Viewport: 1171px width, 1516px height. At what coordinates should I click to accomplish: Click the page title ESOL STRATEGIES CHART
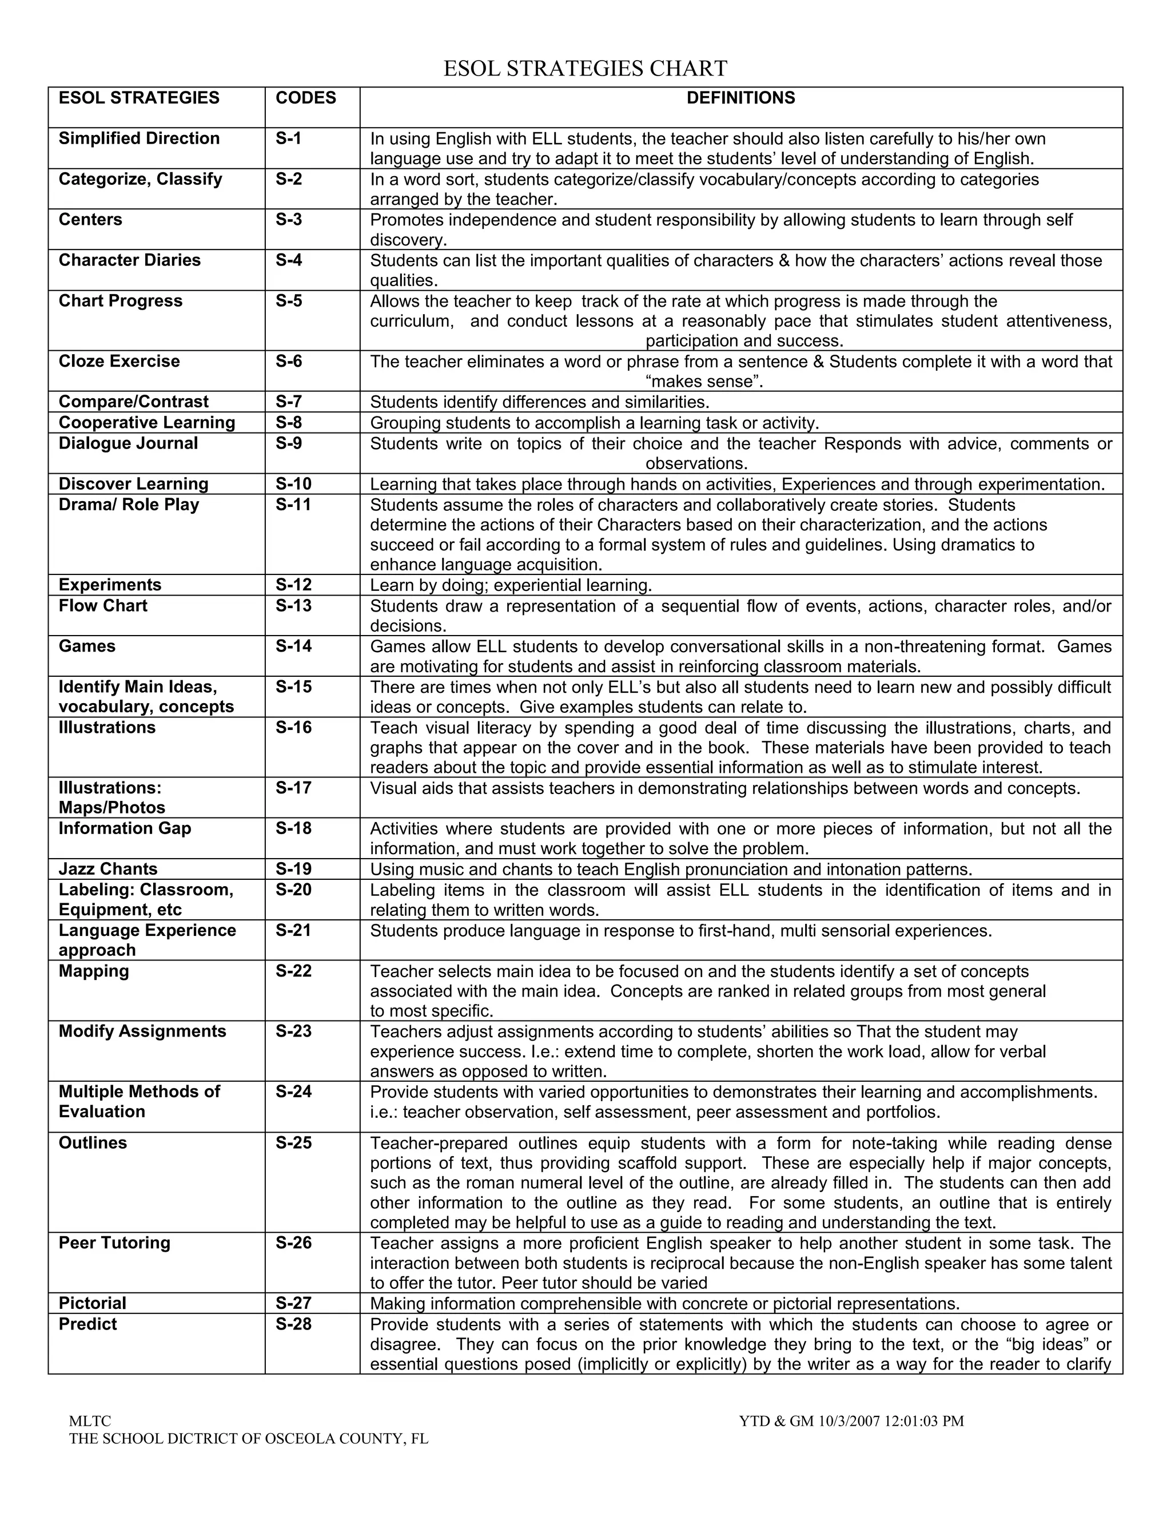point(585,68)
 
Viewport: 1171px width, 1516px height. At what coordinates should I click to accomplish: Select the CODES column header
point(305,98)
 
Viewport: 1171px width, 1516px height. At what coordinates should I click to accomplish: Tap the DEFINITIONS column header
point(740,98)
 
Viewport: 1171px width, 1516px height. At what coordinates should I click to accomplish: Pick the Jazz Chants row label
point(107,868)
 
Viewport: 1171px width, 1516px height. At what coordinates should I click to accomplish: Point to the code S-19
point(293,868)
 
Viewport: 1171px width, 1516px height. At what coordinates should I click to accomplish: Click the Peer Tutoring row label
point(114,1242)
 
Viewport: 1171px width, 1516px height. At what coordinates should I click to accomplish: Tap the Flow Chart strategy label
point(103,605)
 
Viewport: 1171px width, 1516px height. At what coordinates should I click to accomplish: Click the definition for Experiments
point(511,585)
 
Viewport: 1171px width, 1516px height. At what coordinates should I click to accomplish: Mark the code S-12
point(293,585)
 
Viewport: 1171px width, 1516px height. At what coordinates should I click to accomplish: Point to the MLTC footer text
point(90,1421)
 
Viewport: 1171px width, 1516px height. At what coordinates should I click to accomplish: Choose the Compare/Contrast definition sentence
point(539,402)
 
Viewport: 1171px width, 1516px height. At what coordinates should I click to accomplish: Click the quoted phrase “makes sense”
point(703,381)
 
